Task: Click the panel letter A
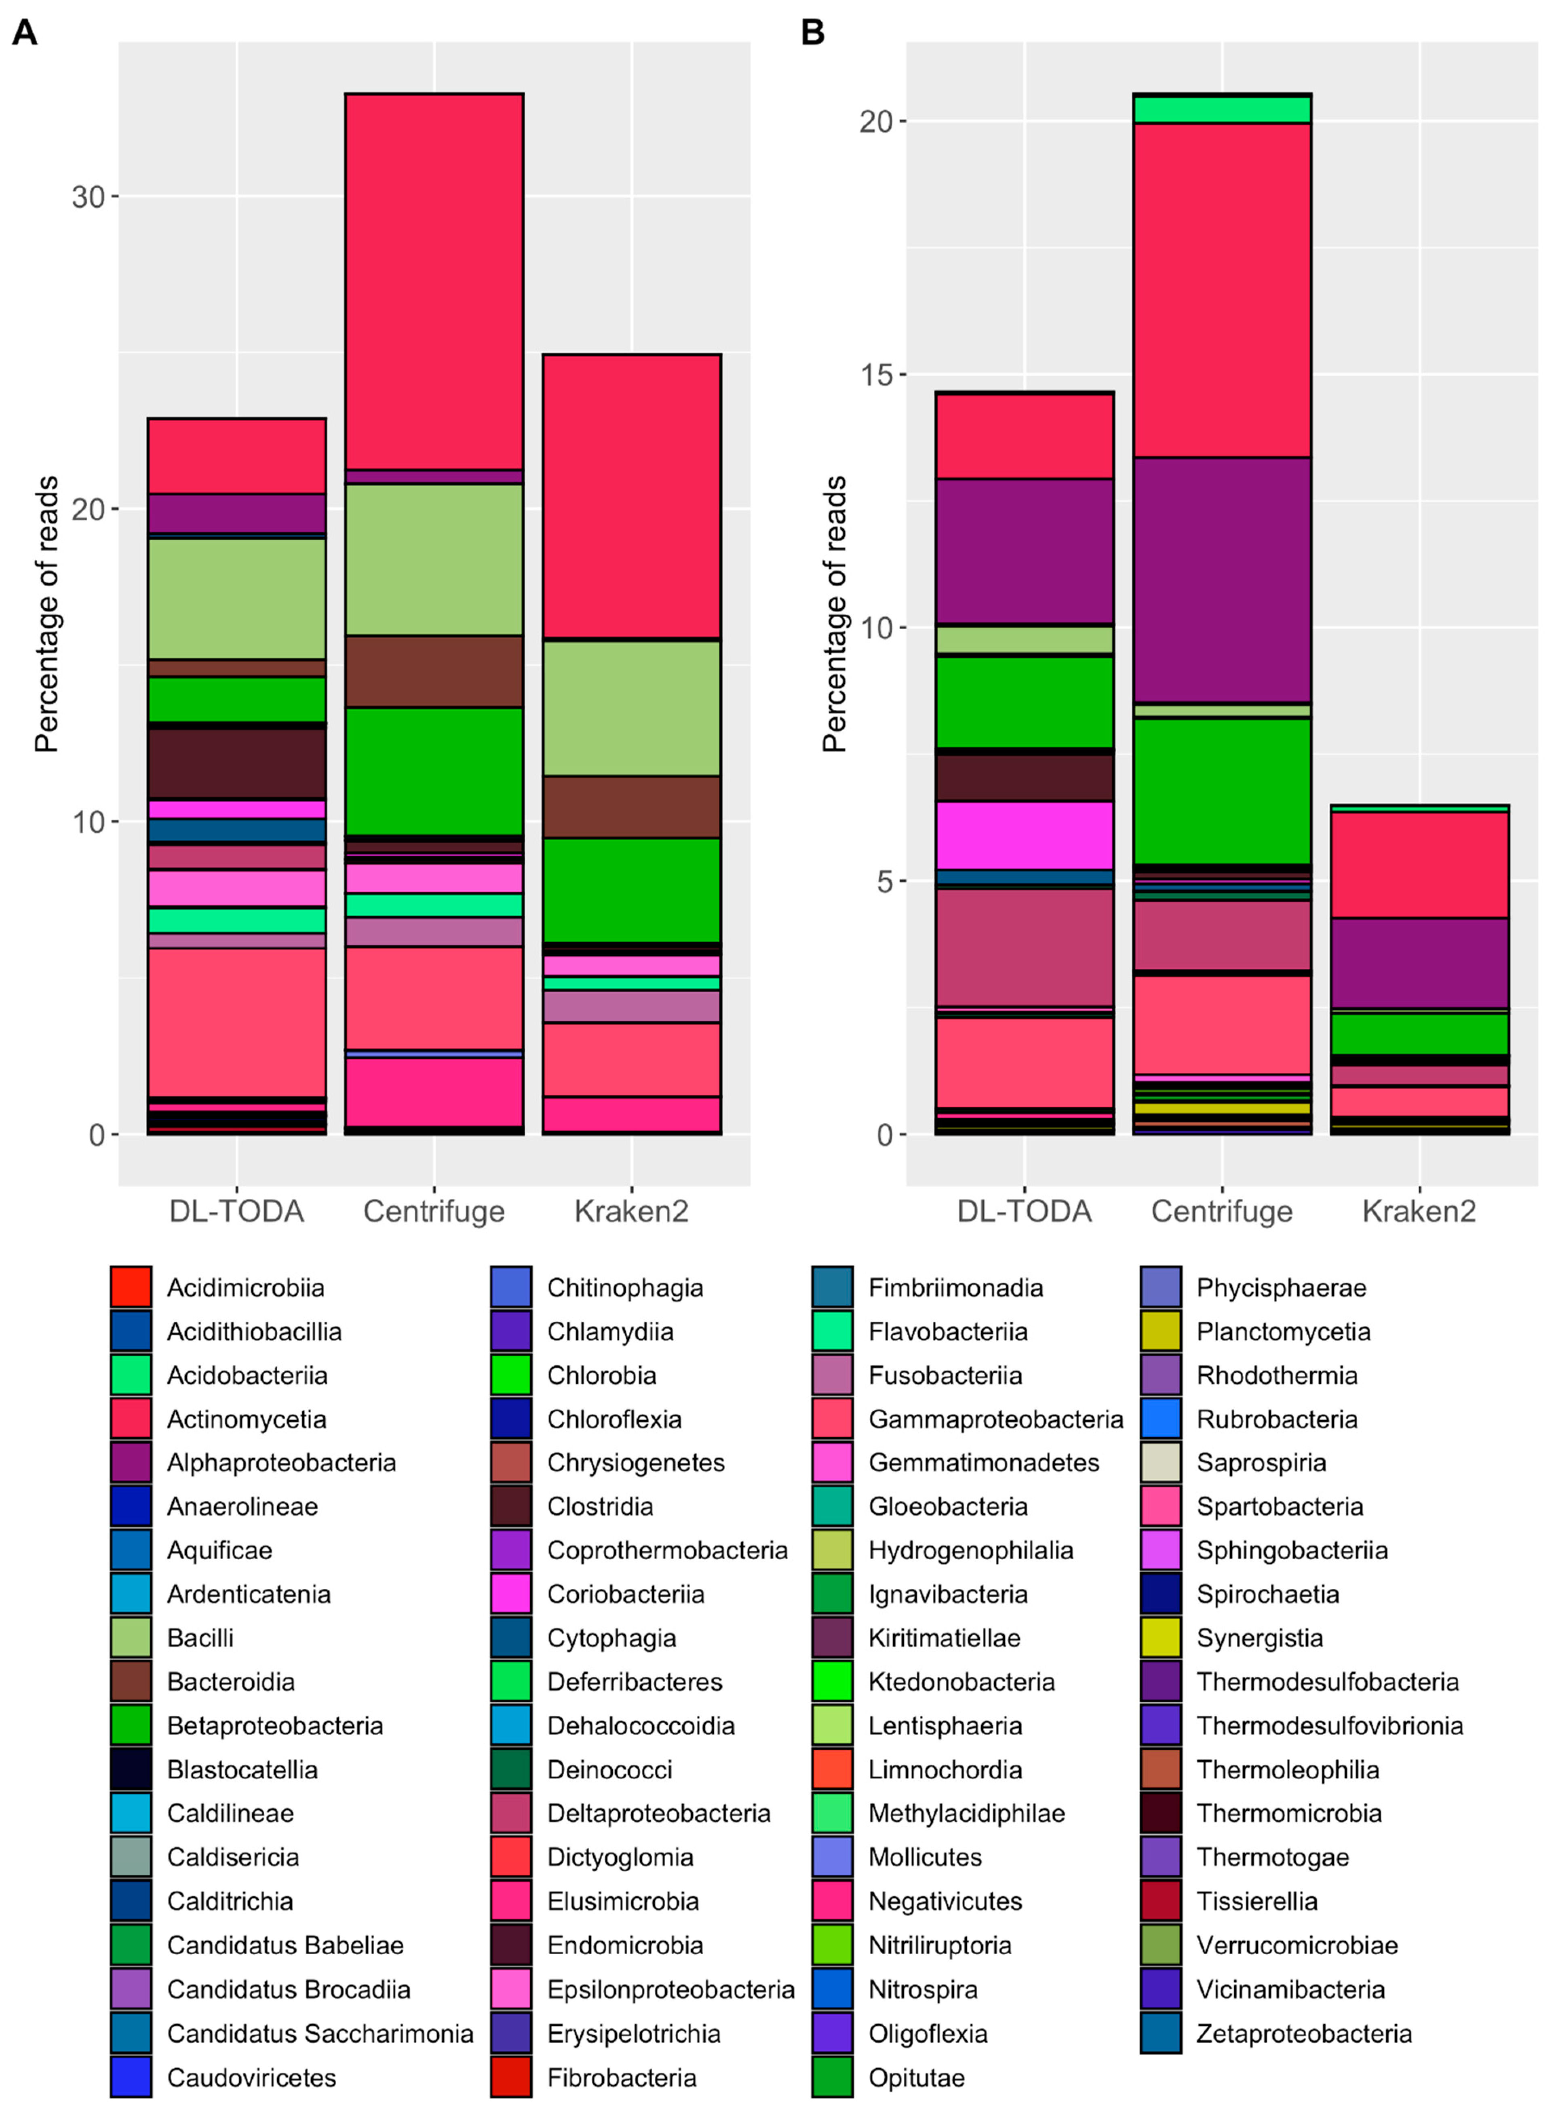(x=25, y=33)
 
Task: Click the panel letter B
(x=812, y=33)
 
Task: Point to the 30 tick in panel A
(x=88, y=197)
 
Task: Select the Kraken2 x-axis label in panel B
(x=1419, y=1211)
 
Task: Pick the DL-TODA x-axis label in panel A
(x=236, y=1211)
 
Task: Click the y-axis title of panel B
(x=835, y=614)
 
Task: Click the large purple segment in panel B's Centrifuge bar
(x=1222, y=579)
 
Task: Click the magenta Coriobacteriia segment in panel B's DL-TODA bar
(x=1024, y=835)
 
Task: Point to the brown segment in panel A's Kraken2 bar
(x=631, y=806)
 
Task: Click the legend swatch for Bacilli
(x=131, y=1637)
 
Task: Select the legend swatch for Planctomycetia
(x=1160, y=1331)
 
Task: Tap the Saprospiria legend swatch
(x=1160, y=1462)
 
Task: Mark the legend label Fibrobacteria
(x=622, y=2077)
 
